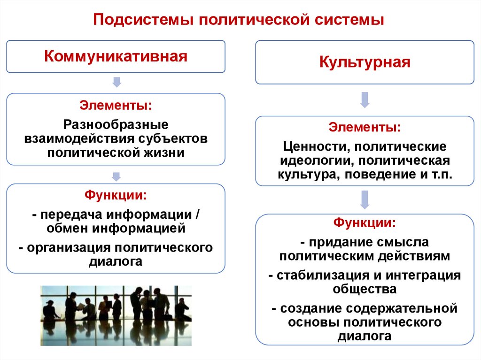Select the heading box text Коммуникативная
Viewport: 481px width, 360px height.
coord(116,56)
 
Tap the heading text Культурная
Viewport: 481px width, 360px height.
coord(365,62)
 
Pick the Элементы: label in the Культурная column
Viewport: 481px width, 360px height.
coord(365,127)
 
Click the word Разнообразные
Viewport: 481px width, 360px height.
coord(116,125)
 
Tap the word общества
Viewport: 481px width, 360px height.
coord(365,289)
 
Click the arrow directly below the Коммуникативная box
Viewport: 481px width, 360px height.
coord(116,83)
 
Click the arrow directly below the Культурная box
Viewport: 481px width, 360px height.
coord(365,100)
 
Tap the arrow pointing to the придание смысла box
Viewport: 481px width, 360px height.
coord(365,199)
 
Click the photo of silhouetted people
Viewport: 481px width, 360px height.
coord(116,315)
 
